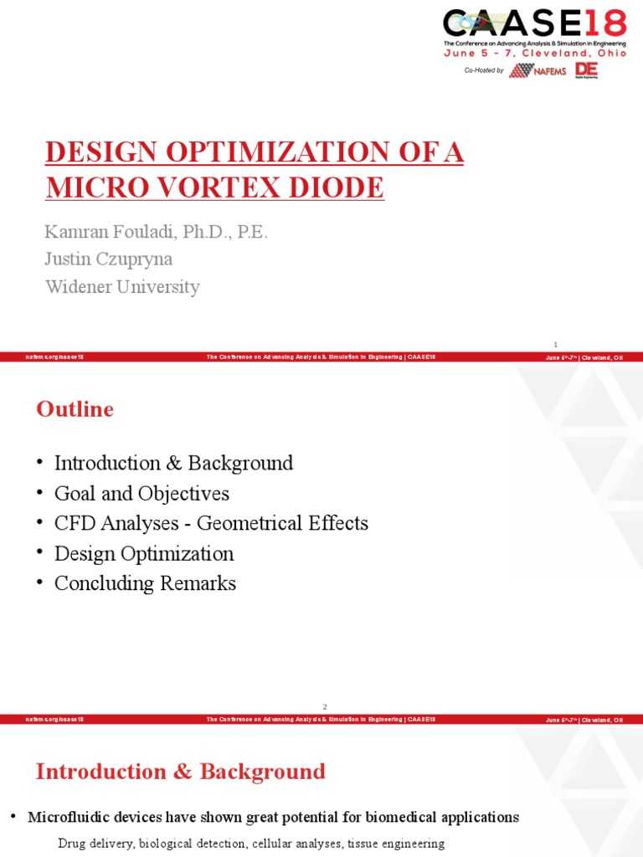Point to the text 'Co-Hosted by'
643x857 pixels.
[484, 71]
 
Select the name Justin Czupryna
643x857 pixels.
[110, 259]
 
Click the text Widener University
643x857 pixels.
[122, 287]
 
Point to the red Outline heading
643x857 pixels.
[75, 409]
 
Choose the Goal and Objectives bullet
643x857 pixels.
[141, 494]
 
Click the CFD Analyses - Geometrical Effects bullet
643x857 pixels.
[211, 524]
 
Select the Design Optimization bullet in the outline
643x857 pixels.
[144, 554]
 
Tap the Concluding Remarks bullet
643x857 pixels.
[145, 584]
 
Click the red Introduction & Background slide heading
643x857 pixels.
[180, 772]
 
